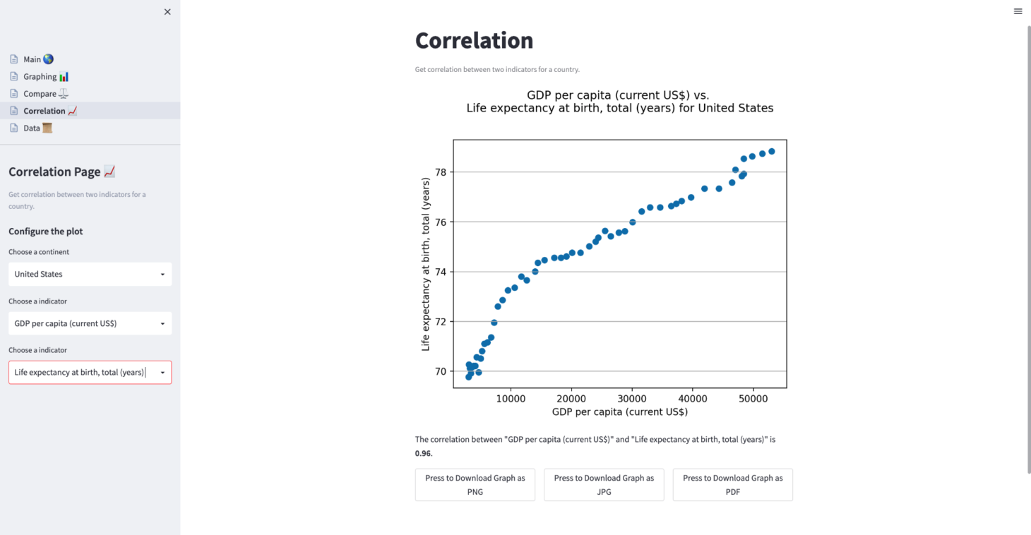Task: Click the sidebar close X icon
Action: click(x=167, y=12)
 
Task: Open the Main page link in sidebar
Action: click(x=38, y=59)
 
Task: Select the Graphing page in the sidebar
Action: click(x=46, y=76)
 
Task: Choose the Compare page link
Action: click(x=46, y=94)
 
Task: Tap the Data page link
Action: click(x=37, y=128)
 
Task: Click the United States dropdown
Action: click(x=90, y=274)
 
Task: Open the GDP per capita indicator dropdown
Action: click(x=90, y=323)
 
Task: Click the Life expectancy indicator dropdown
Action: click(x=90, y=372)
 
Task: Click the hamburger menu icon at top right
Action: click(x=1018, y=11)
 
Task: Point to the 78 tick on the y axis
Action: click(x=441, y=172)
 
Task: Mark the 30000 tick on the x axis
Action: click(x=632, y=399)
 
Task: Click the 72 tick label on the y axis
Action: click(x=441, y=322)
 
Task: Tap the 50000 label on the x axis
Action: click(x=753, y=399)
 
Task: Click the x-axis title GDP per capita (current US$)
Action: click(x=619, y=411)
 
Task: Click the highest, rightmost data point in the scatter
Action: click(x=771, y=151)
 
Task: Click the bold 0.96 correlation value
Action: click(x=423, y=453)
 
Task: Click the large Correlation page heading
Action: click(x=474, y=40)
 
